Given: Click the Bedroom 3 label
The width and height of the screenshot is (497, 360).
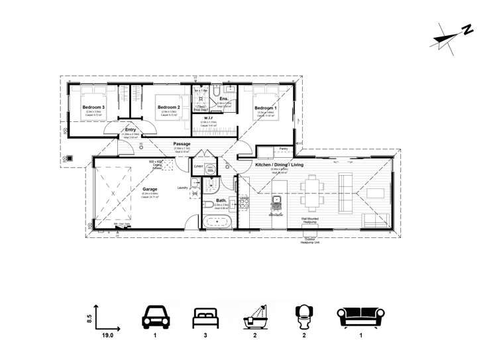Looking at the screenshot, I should click(x=93, y=107).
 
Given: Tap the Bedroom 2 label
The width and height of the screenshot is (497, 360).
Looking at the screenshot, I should click(x=168, y=107).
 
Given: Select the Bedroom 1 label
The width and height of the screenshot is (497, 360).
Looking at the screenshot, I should click(x=265, y=107).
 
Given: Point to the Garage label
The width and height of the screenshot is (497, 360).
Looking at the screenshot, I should click(x=150, y=189).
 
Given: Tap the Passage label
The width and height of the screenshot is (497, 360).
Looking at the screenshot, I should click(x=182, y=144).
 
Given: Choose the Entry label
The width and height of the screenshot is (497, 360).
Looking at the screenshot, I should click(x=130, y=130).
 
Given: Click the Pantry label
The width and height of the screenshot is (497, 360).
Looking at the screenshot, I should click(x=284, y=149).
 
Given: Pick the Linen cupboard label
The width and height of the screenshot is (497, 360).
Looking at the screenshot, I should click(x=198, y=167).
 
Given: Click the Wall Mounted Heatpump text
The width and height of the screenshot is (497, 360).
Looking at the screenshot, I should click(x=311, y=217).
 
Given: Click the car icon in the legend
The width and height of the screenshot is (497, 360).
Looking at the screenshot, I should click(x=155, y=317).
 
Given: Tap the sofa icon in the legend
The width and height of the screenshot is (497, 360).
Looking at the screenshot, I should click(x=362, y=317).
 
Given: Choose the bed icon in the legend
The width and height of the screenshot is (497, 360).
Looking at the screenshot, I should click(x=205, y=317).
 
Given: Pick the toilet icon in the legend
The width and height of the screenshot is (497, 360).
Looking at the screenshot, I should click(x=304, y=317).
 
